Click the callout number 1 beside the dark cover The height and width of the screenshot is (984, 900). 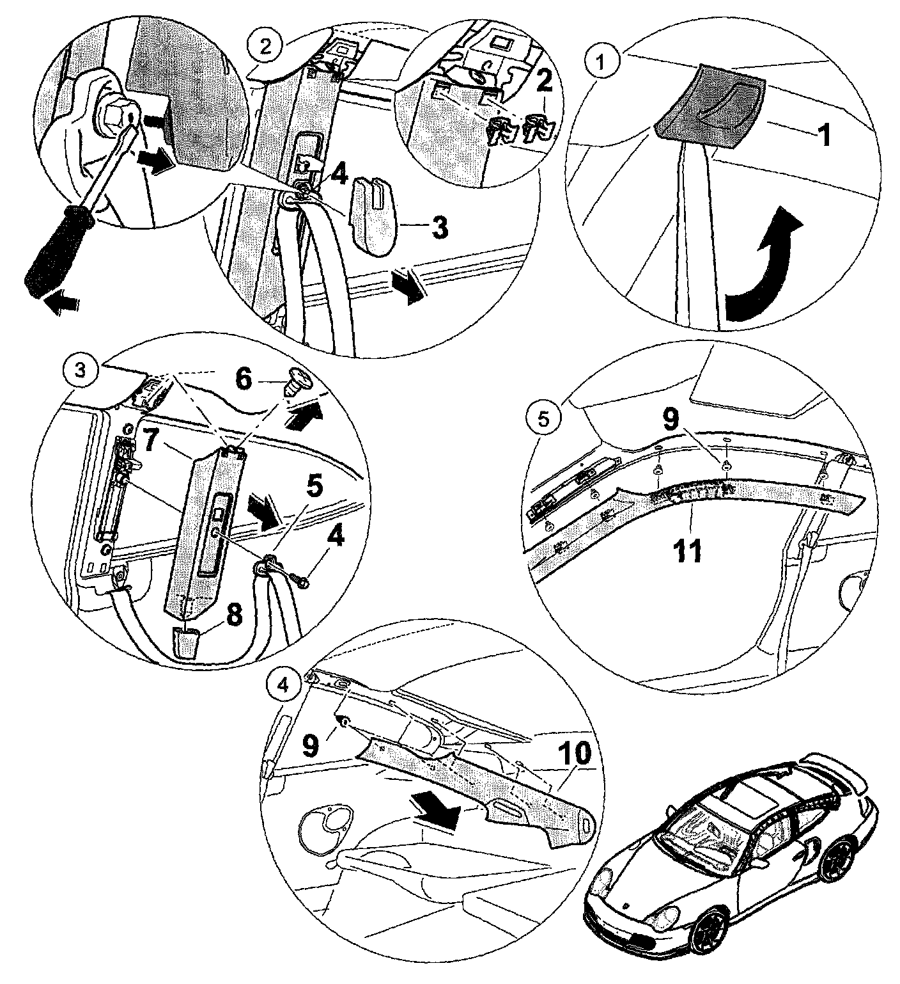[825, 136]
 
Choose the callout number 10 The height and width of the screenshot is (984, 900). [576, 754]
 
